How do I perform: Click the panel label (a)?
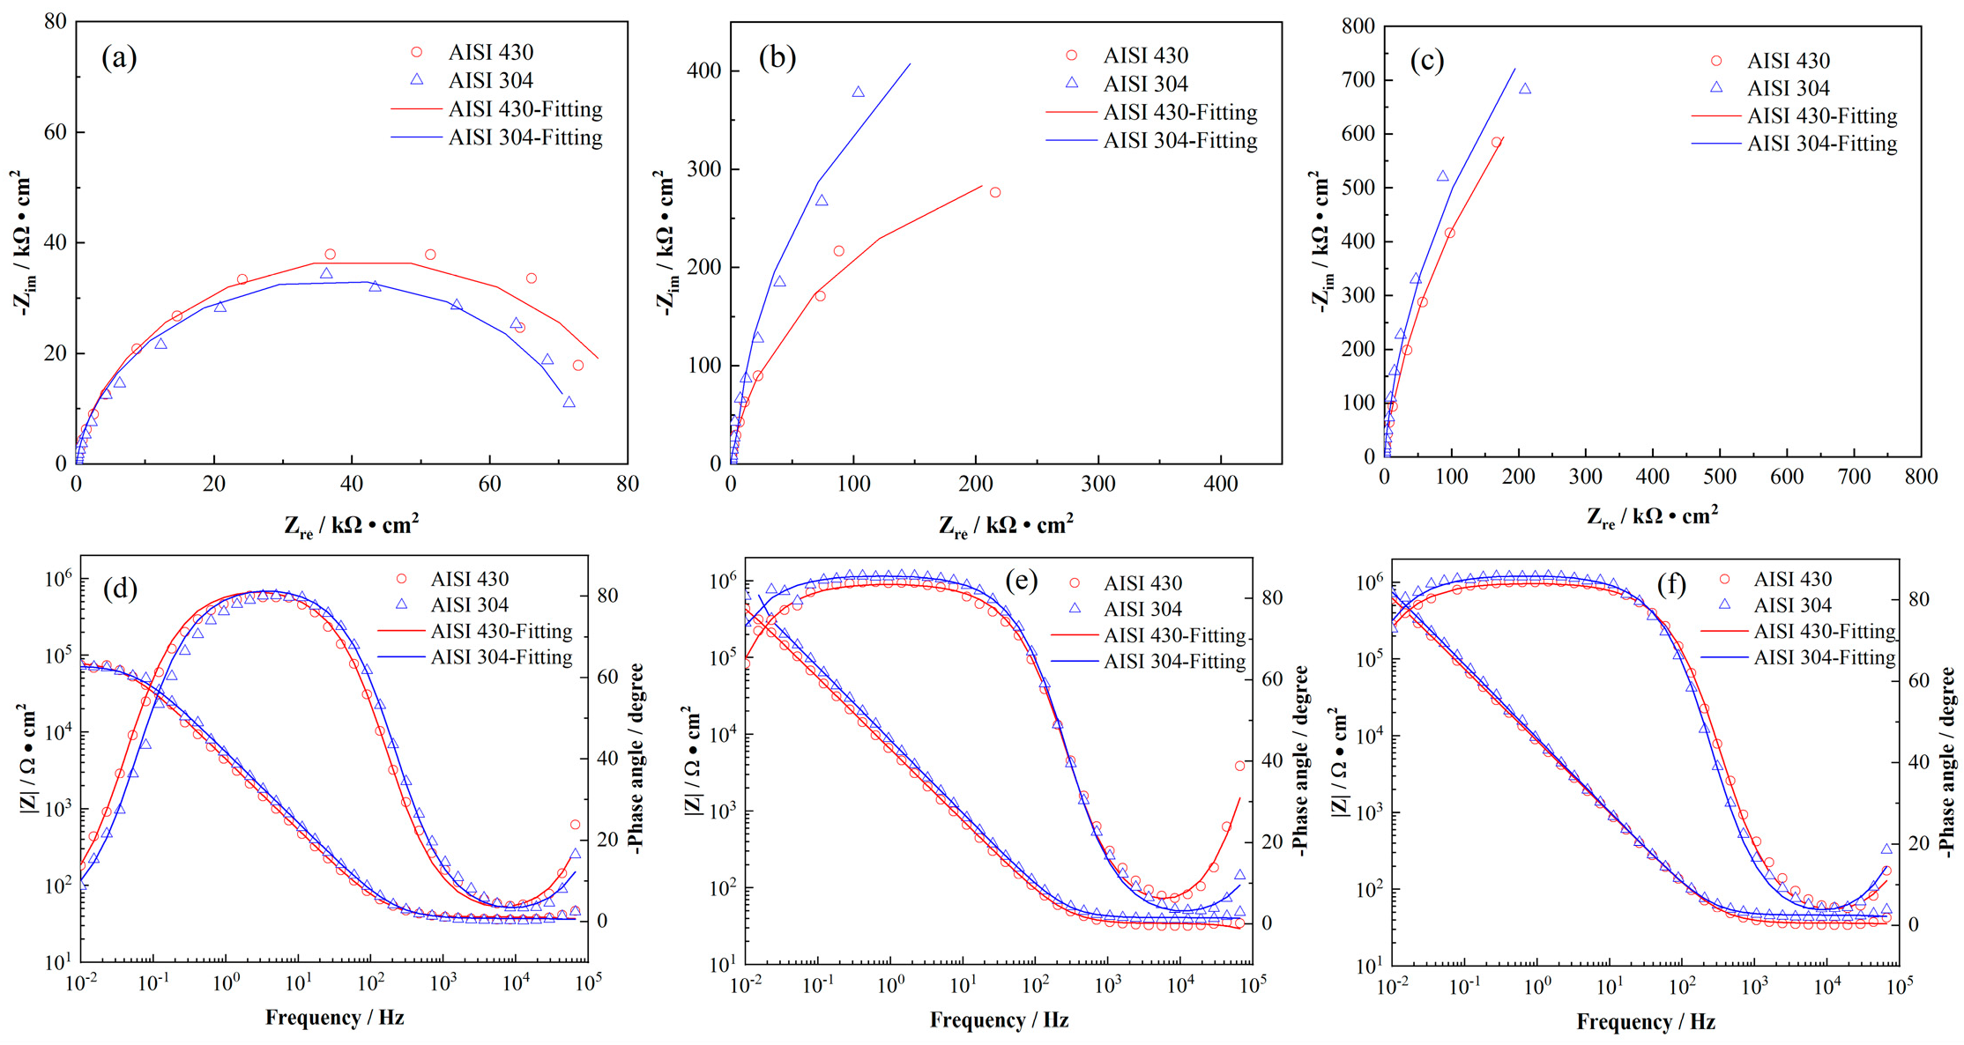(x=119, y=58)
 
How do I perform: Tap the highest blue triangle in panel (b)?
(x=858, y=93)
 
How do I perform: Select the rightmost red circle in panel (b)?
(x=995, y=192)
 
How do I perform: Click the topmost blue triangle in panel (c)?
(x=1525, y=89)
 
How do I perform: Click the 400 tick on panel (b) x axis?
(x=1221, y=483)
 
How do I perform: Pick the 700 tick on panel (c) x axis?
(x=1853, y=477)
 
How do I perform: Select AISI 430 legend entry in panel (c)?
(x=1788, y=61)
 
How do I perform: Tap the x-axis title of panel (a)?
(x=351, y=526)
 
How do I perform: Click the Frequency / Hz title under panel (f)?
(x=1645, y=1022)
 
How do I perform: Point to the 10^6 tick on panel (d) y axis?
(x=56, y=579)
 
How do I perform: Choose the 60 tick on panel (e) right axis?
(x=1271, y=679)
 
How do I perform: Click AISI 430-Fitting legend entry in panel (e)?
(x=1174, y=635)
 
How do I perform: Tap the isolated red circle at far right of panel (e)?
(x=1239, y=766)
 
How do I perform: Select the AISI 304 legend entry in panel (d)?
(x=469, y=605)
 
